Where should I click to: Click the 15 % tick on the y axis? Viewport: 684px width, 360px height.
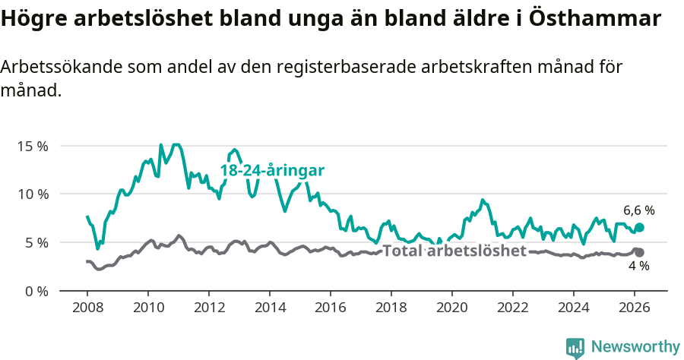(33, 145)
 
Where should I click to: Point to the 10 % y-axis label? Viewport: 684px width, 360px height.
(33, 194)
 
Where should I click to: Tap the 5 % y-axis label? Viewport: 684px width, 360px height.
(36, 242)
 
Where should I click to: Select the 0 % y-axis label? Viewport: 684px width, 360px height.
(36, 291)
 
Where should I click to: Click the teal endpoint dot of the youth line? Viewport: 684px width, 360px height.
(639, 227)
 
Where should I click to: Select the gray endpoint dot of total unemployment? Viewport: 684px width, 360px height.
(639, 252)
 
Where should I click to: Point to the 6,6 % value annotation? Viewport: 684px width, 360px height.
(638, 210)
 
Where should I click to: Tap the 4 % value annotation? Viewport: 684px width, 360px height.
(638, 267)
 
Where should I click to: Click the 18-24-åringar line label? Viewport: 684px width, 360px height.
(272, 171)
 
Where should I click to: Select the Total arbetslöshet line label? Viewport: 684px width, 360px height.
(454, 251)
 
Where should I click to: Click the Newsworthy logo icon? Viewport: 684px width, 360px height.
(575, 347)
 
